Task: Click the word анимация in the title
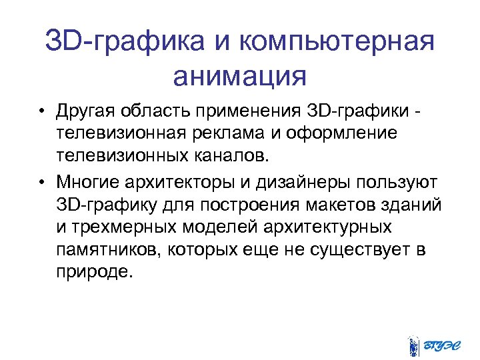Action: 240,75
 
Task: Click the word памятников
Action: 107,250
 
